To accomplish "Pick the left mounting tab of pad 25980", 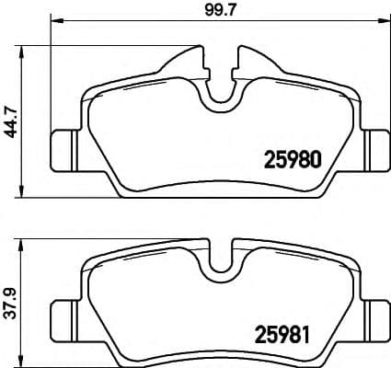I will tap(65, 145).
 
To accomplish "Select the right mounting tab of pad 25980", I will tap(374, 145).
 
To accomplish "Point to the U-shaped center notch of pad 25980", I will tap(220, 88).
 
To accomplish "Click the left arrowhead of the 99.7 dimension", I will tap(53, 20).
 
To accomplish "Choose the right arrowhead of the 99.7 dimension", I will tap(384, 20).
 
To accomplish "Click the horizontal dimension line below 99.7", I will tap(138, 20).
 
